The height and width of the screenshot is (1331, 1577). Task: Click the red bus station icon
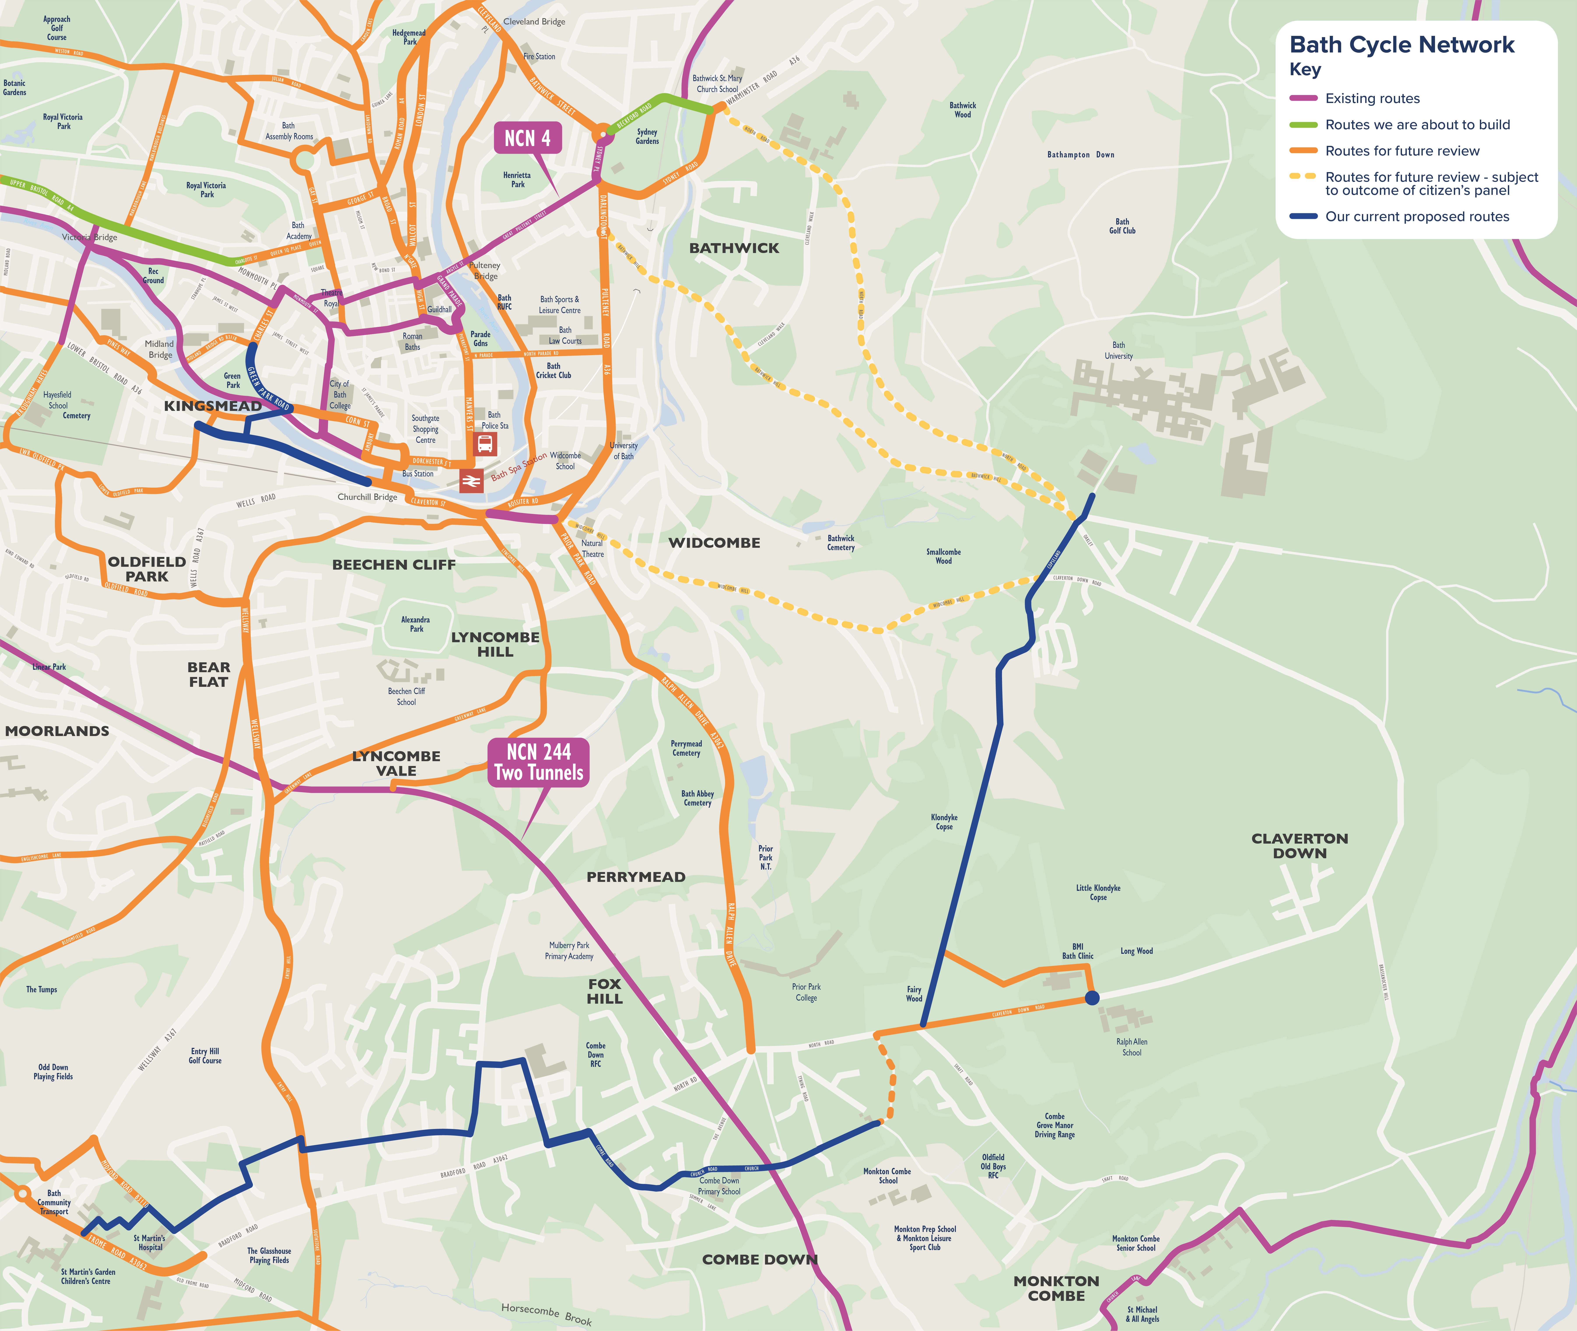[x=485, y=444]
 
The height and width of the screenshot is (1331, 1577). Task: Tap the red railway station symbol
[x=471, y=480]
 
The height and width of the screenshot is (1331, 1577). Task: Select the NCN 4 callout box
[x=528, y=138]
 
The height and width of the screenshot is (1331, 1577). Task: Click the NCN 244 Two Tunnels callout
[x=538, y=762]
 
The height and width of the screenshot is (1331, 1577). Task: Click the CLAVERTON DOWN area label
[x=1299, y=846]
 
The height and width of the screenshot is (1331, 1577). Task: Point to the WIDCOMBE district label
[x=714, y=543]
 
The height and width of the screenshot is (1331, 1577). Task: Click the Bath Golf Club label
[x=1122, y=226]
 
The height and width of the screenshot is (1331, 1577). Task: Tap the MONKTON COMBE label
[x=1056, y=1288]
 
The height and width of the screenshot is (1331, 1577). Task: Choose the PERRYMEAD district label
[x=636, y=877]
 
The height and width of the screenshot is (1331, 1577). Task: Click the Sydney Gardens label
[x=647, y=137]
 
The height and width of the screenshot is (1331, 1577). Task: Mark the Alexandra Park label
[x=416, y=624]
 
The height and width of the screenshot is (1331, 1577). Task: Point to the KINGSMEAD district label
[x=213, y=406]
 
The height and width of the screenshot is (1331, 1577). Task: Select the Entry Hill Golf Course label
[x=205, y=1056]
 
